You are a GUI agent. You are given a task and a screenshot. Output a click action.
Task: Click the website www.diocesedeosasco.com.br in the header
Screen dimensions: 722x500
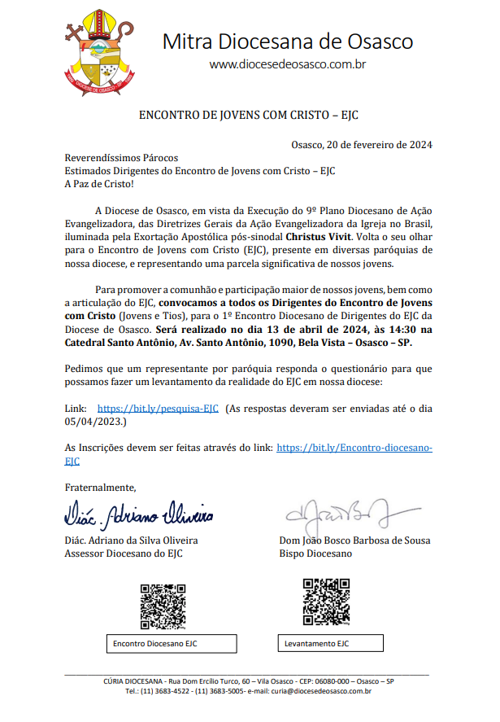(x=287, y=63)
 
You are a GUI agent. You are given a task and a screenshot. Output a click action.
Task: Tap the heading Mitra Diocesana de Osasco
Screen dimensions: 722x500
(x=287, y=42)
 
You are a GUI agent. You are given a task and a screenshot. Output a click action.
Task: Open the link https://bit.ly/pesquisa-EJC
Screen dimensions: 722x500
(x=158, y=408)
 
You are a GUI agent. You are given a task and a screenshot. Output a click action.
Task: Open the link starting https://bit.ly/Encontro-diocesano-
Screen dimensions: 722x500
(x=354, y=448)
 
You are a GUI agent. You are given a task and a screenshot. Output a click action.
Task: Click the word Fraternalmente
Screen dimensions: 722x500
(x=100, y=488)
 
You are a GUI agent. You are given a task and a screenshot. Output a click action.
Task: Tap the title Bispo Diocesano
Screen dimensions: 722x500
(x=315, y=554)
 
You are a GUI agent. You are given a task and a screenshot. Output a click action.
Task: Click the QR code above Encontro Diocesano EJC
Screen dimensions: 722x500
(x=163, y=606)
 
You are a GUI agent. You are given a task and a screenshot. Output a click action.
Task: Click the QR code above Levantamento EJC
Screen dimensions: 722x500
(x=326, y=602)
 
